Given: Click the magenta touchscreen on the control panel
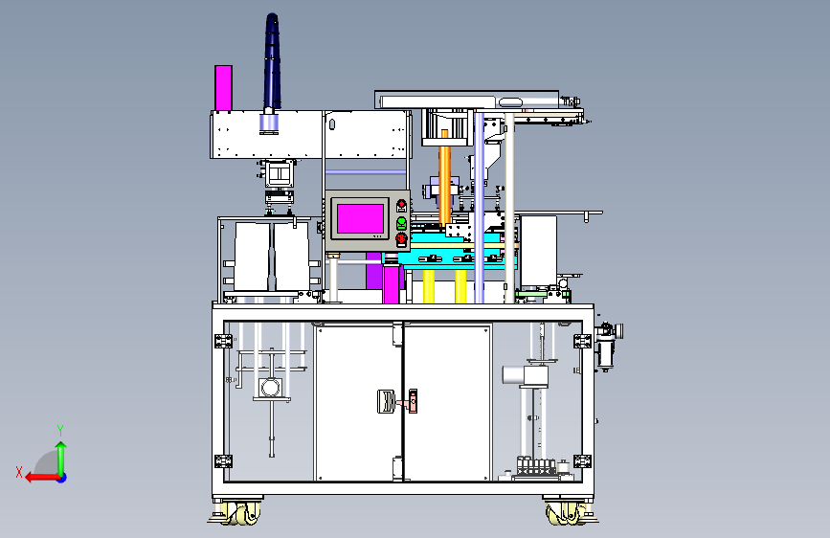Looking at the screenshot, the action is tap(361, 218).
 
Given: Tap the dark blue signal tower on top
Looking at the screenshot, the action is tap(272, 62).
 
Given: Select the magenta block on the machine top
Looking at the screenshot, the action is tap(223, 88).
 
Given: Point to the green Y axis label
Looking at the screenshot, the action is tap(60, 430).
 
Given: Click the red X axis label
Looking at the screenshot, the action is tap(19, 472).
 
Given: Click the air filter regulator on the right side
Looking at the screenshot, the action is tap(607, 346).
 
